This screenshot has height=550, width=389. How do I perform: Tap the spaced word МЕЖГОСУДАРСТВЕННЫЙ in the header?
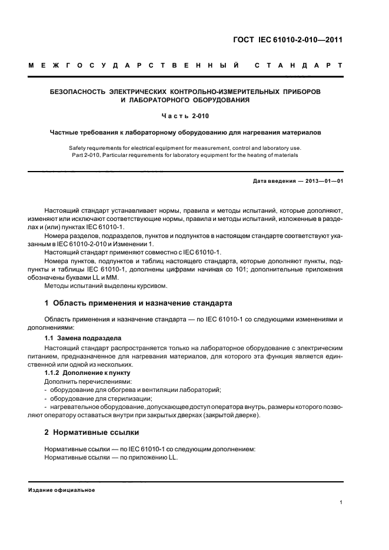pyautogui.click(x=133, y=66)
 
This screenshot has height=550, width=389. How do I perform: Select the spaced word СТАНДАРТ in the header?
pyautogui.click(x=298, y=66)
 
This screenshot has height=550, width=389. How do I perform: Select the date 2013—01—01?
pyautogui.click(x=323, y=182)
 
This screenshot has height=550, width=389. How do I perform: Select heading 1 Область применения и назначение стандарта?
pyautogui.click(x=138, y=303)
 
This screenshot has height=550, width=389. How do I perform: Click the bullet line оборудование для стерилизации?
pyautogui.click(x=97, y=398)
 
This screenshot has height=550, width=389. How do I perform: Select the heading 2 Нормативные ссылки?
pyautogui.click(x=92, y=433)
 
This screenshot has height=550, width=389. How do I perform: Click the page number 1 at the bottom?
pyautogui.click(x=341, y=503)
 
